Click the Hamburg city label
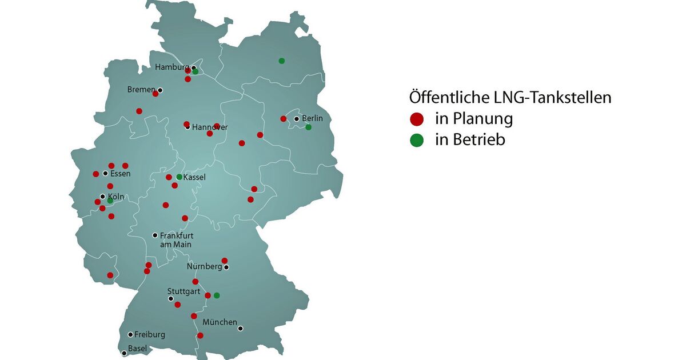point(172,67)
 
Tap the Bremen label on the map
point(141,90)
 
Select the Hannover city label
point(210,127)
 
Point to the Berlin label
point(312,118)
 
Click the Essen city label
point(120,174)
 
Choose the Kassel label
point(194,177)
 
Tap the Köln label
point(116,197)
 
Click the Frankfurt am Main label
point(177,239)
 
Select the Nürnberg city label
point(204,266)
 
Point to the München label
point(220,322)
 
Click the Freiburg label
point(150,334)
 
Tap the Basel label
point(138,348)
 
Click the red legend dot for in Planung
point(417,119)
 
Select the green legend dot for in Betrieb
point(417,140)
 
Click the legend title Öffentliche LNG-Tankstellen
point(510,98)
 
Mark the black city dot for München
point(241,329)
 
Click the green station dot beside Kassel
point(179,177)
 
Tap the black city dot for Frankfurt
point(155,235)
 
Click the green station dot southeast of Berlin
point(308,127)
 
